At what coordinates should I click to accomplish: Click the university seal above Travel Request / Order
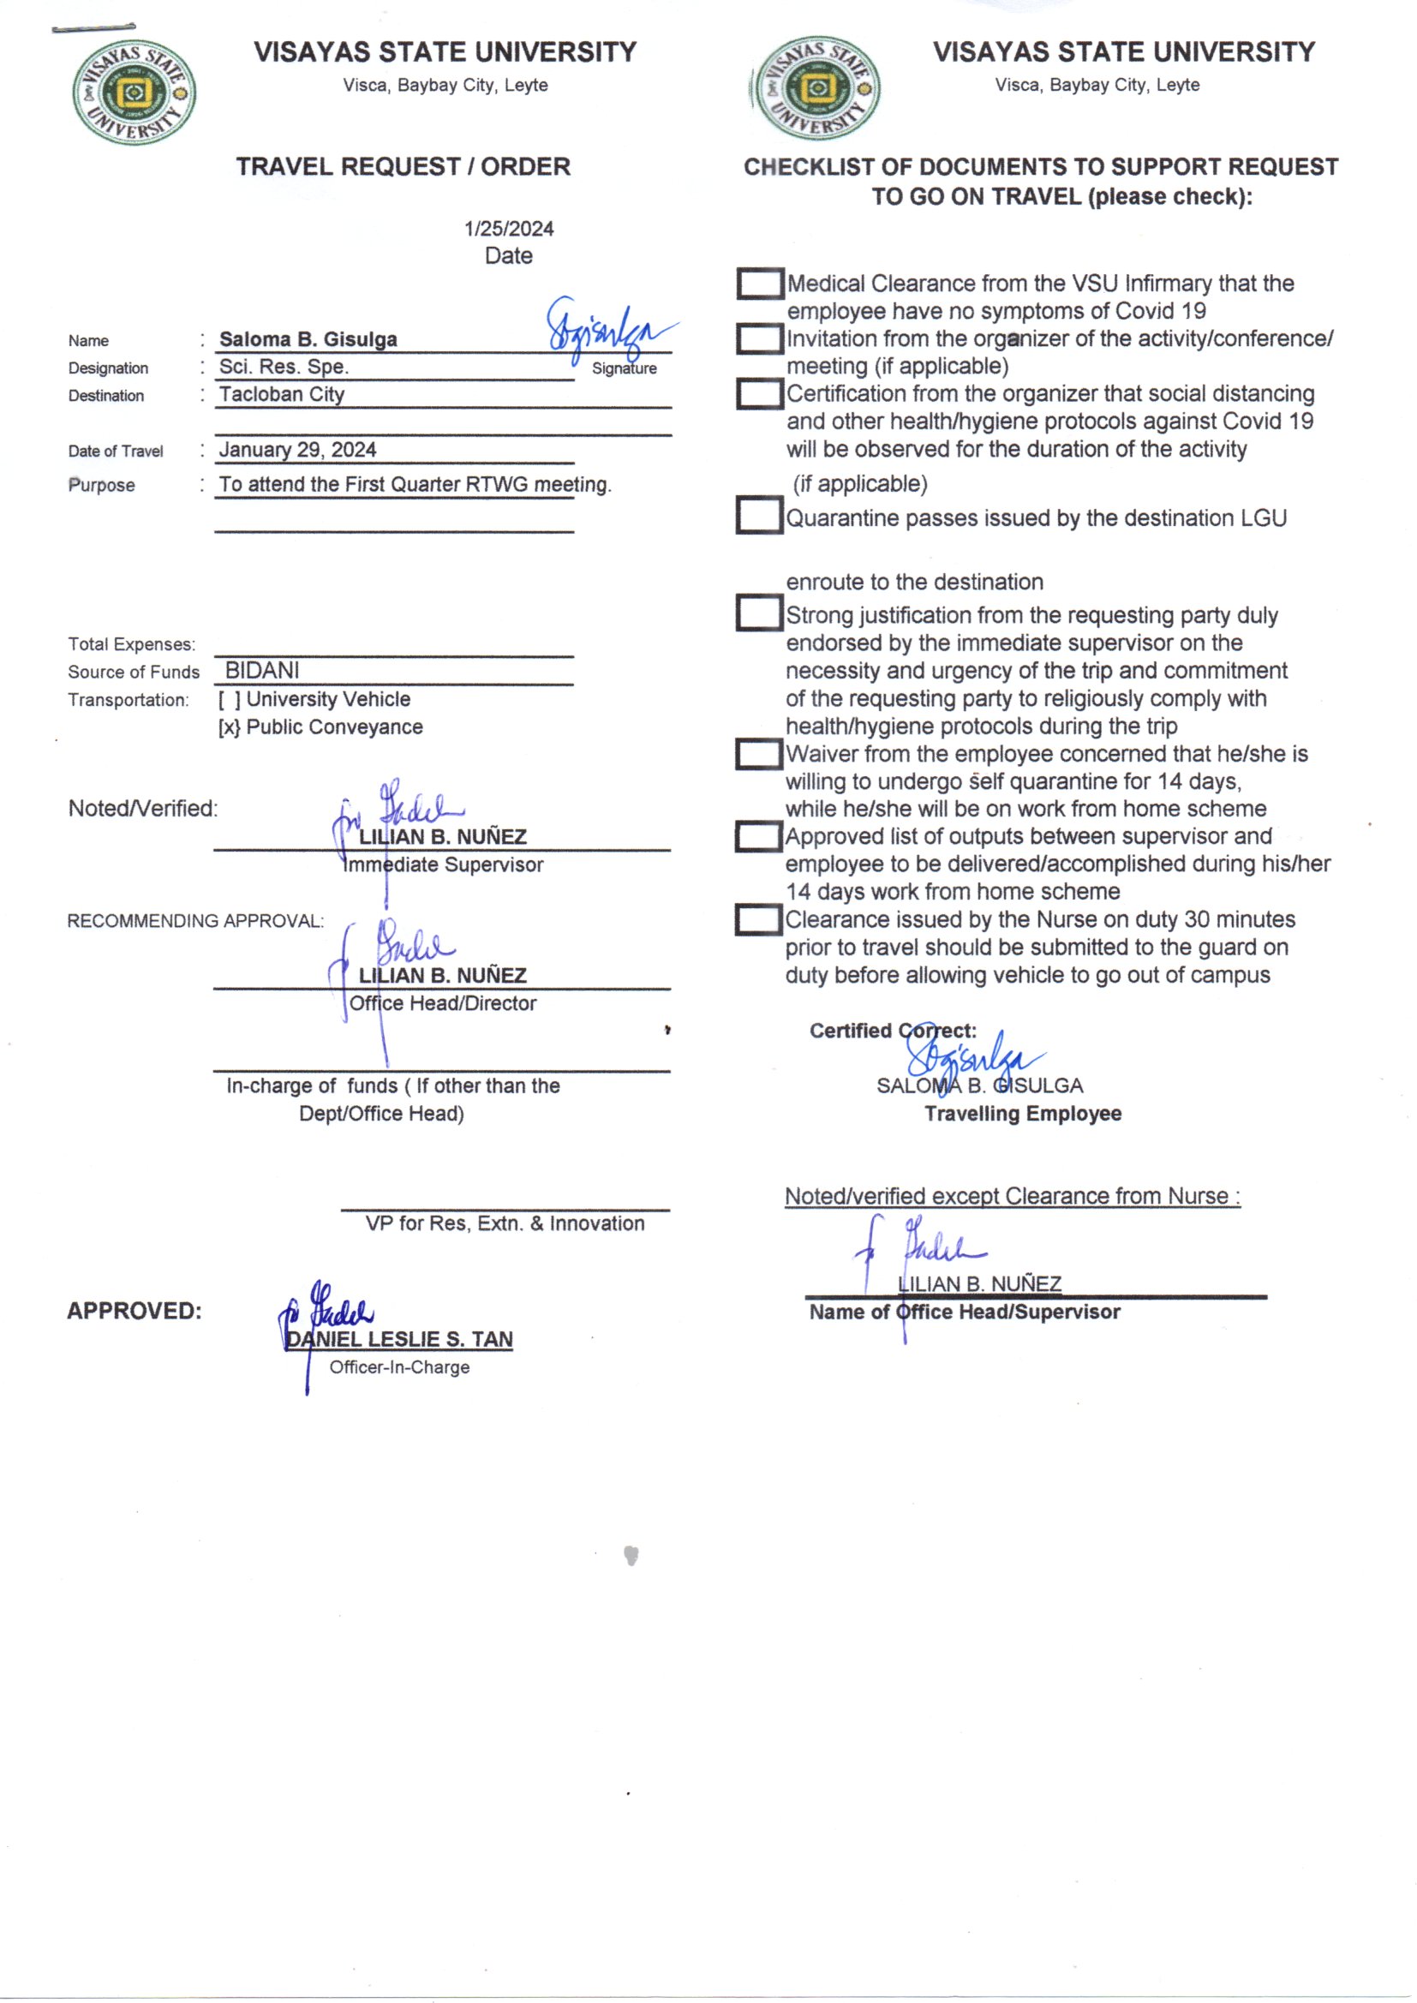click(134, 93)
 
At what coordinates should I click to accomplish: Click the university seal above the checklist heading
click(816, 89)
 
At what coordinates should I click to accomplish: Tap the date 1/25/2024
click(509, 230)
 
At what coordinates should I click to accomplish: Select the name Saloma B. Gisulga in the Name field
click(308, 339)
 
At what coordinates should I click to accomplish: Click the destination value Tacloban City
click(282, 394)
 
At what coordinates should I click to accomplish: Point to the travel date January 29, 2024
click(297, 450)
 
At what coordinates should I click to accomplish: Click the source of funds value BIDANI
click(262, 670)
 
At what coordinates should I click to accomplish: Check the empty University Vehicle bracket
click(230, 700)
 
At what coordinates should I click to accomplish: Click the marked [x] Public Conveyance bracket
click(230, 727)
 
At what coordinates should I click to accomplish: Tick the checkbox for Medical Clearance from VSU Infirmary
click(759, 284)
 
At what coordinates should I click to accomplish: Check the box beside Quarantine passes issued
click(758, 516)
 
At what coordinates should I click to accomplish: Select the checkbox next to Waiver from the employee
click(757, 755)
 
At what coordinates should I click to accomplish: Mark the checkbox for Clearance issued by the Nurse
click(757, 920)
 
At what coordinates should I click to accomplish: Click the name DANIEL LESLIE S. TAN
click(399, 1339)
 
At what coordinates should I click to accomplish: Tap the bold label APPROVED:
click(135, 1311)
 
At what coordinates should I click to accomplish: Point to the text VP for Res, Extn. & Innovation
click(505, 1224)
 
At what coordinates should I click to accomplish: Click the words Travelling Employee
click(1023, 1114)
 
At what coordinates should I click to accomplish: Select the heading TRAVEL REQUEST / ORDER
click(404, 166)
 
